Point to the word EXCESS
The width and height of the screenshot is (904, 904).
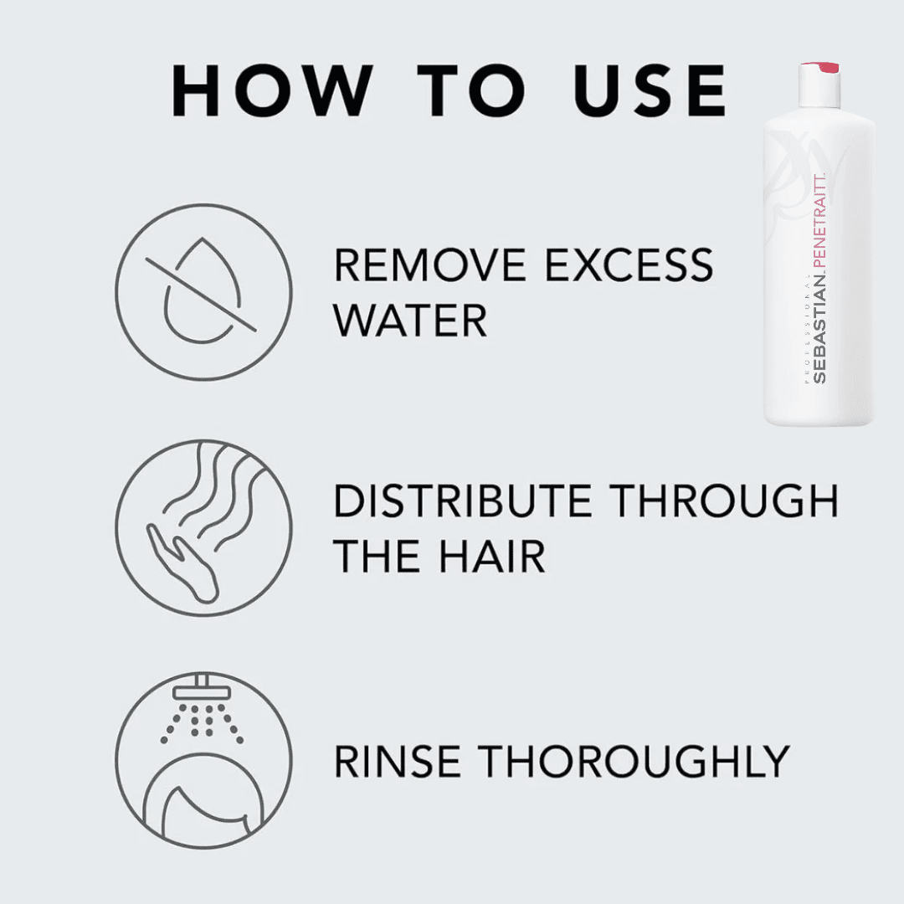pos(629,265)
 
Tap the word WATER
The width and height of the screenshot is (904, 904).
pos(410,321)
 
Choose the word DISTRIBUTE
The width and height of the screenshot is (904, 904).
pos(463,501)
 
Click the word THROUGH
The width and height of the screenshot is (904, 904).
pos(722,501)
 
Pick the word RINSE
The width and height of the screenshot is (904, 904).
pos(398,762)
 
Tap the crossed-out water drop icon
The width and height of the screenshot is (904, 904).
pos(203,290)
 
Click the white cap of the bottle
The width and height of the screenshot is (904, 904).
pos(819,88)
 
